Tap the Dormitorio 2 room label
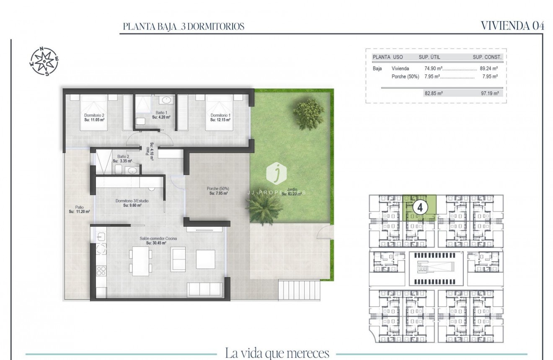(x=94, y=117)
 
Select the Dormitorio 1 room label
(x=220, y=117)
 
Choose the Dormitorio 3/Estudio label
(x=132, y=203)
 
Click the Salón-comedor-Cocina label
(x=158, y=241)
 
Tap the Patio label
(x=77, y=209)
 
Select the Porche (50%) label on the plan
(x=218, y=191)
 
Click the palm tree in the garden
(x=264, y=207)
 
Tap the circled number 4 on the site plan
(x=420, y=206)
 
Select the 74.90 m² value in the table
(x=434, y=69)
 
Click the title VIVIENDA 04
(x=512, y=26)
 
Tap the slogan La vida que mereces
(x=277, y=352)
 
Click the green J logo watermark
(x=276, y=174)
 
